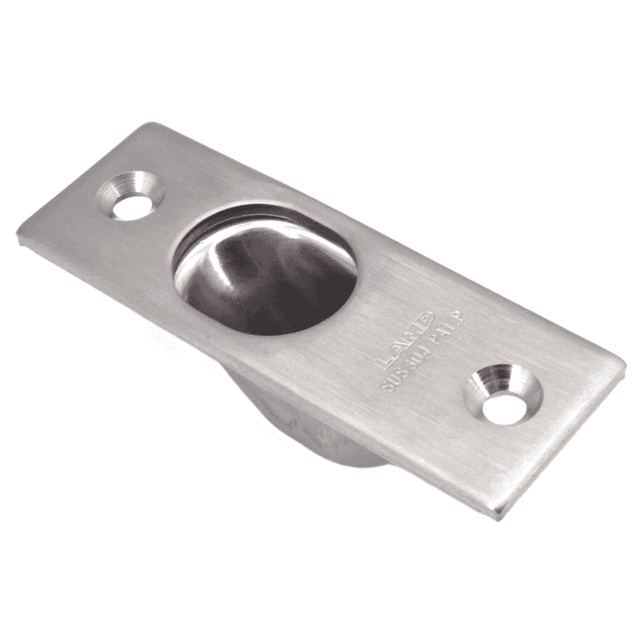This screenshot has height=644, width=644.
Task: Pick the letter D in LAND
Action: (x=426, y=322)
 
